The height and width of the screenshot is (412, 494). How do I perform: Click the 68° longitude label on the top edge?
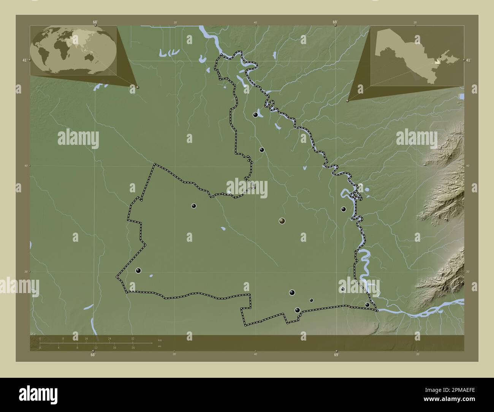pos(95,22)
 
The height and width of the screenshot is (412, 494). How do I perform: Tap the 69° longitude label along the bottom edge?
pos(336,355)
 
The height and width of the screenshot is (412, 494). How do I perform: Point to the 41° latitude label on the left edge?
pos(24,60)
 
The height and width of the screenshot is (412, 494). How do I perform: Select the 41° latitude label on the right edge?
pos(468,60)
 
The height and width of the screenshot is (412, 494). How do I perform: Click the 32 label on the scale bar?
pos(132,338)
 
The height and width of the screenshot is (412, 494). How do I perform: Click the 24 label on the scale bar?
pos(109,338)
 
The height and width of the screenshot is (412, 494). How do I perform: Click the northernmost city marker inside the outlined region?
pos(255,114)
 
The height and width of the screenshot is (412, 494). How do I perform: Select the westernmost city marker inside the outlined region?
pos(138,271)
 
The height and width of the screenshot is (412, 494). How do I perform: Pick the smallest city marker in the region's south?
pos(311,300)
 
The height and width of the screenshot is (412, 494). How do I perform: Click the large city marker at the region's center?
pos(282,220)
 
